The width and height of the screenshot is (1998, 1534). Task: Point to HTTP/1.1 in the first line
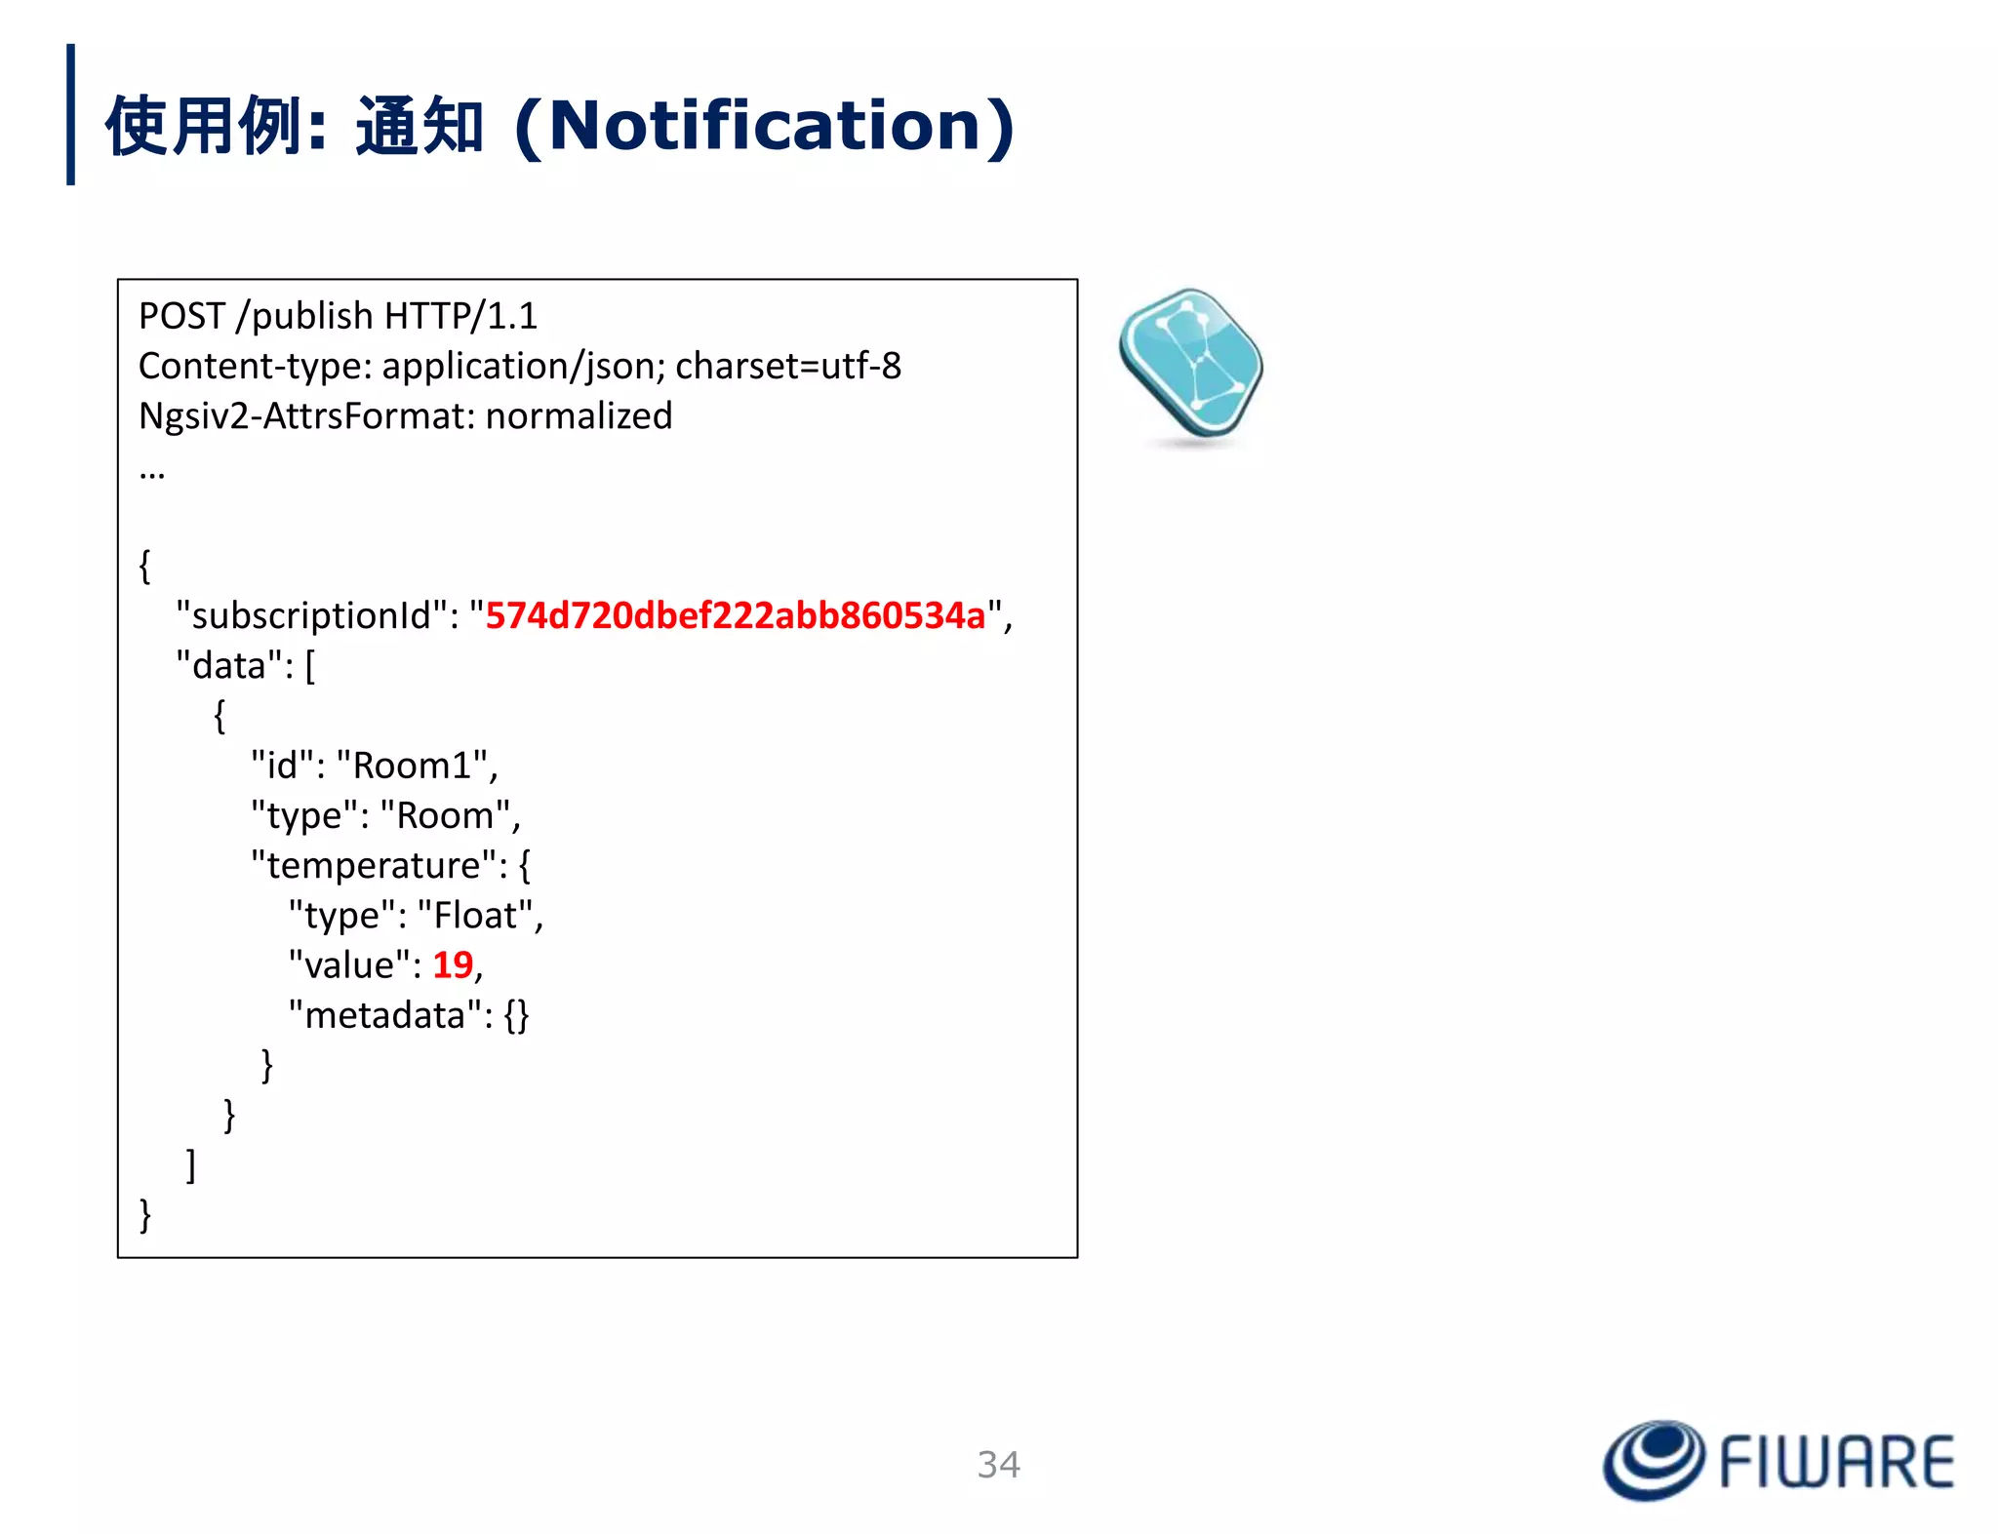click(460, 316)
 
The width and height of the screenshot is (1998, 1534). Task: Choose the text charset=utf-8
click(788, 366)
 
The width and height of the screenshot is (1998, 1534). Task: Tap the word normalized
click(579, 416)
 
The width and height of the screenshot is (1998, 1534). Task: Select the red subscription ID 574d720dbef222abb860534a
click(736, 615)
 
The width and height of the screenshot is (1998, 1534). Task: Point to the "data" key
click(229, 666)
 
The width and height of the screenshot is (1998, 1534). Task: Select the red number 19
click(453, 964)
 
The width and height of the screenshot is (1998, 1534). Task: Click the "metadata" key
click(385, 1015)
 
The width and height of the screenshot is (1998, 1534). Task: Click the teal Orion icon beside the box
click(1191, 366)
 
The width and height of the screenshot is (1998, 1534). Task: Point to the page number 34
click(999, 1464)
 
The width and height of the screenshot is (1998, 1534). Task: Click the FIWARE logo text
click(1836, 1462)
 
